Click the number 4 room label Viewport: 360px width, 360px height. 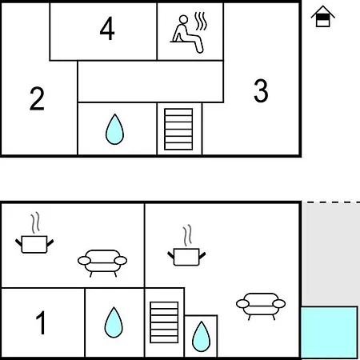pyautogui.click(x=107, y=28)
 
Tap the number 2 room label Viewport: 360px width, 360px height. pyautogui.click(x=37, y=98)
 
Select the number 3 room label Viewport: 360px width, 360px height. pyautogui.click(x=261, y=90)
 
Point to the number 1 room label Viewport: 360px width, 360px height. pyautogui.click(x=41, y=322)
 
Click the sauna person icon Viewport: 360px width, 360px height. pyautogui.click(x=186, y=34)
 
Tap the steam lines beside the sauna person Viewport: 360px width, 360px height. pyautogui.click(x=200, y=21)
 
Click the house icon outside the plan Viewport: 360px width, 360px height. pyautogui.click(x=322, y=17)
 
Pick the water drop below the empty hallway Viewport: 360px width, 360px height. pyautogui.click(x=114, y=130)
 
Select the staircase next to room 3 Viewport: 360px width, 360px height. pyautogui.click(x=178, y=129)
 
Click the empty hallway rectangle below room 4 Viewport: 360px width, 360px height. pyautogui.click(x=150, y=82)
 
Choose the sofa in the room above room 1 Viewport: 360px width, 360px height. pyautogui.click(x=102, y=263)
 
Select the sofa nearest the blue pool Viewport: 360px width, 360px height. pyautogui.click(x=261, y=306)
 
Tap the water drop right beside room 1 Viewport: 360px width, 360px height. pyautogui.click(x=114, y=322)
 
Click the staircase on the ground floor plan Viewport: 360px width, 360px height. pyautogui.click(x=164, y=322)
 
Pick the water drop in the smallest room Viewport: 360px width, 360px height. pyautogui.click(x=201, y=337)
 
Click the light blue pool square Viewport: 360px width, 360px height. pyautogui.click(x=330, y=332)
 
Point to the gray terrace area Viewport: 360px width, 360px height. pyautogui.click(x=330, y=254)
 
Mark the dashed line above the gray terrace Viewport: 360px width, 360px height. pyautogui.click(x=334, y=202)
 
